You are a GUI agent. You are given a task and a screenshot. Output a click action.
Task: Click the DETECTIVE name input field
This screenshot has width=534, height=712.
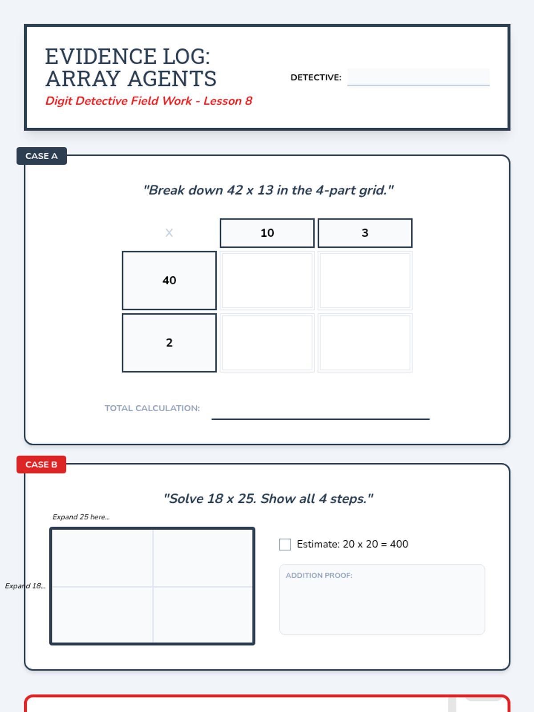tap(418, 77)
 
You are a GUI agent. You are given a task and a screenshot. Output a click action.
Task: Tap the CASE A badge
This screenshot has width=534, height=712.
tap(41, 156)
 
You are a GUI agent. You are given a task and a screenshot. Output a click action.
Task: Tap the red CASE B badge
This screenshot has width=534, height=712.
tap(41, 465)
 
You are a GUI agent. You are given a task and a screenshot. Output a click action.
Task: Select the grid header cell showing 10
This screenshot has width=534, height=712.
tap(267, 233)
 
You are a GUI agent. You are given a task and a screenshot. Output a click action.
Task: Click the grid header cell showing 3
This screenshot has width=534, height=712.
tap(365, 233)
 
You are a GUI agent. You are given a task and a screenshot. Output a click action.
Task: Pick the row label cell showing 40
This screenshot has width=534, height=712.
tap(169, 280)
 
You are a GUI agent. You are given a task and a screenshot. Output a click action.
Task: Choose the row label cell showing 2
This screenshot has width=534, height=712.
tap(169, 343)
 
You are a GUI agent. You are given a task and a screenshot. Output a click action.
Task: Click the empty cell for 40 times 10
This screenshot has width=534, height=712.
tap(267, 280)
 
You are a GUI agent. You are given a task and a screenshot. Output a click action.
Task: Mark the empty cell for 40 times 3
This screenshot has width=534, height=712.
tap(365, 280)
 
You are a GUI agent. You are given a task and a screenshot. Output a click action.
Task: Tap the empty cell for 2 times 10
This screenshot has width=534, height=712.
tap(267, 343)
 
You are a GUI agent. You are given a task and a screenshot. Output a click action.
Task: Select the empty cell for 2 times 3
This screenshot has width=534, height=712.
tap(365, 343)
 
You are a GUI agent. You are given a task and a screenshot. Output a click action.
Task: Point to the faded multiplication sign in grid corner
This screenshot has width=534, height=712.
tap(169, 233)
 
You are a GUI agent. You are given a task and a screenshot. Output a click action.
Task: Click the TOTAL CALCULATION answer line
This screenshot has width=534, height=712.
tap(320, 419)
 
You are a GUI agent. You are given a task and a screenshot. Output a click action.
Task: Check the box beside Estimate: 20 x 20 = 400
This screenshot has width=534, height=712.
tap(285, 544)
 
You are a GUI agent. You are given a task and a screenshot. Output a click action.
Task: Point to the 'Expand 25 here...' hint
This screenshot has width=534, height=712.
tap(81, 517)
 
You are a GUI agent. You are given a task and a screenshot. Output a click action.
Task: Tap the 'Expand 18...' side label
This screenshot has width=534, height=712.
tap(25, 586)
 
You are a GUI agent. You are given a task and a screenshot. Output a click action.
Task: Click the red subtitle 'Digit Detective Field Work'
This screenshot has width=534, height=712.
tap(118, 101)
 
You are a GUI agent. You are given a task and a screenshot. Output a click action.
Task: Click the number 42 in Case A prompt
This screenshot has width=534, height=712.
tap(235, 190)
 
